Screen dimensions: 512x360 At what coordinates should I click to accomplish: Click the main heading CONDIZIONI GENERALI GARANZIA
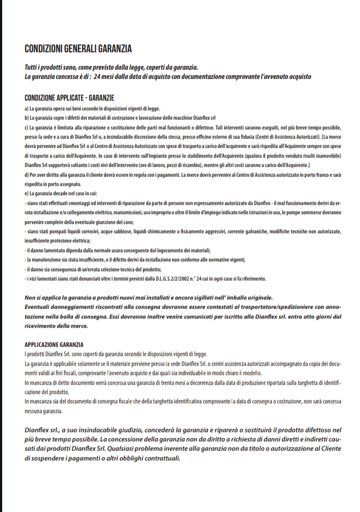point(78,49)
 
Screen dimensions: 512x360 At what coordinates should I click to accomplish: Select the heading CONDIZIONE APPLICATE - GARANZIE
point(70,98)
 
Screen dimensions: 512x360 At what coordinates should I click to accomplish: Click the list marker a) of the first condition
point(27,108)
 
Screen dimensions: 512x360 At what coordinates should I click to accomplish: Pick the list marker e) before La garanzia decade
point(27,193)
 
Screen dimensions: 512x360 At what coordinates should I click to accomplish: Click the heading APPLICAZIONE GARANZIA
point(54,345)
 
